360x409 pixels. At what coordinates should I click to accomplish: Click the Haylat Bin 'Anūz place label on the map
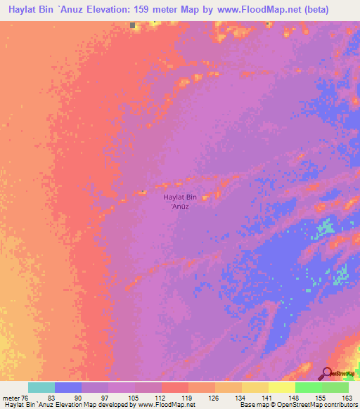coord(181,202)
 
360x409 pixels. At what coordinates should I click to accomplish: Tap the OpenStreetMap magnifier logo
coord(328,374)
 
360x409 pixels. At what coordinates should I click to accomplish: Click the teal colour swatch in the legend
coord(41,387)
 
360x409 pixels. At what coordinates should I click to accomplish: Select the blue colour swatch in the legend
coord(68,387)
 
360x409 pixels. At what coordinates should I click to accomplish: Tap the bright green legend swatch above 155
coord(309,387)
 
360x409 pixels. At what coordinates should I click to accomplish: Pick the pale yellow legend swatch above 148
coord(282,387)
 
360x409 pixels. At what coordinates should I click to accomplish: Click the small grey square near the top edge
coord(133,25)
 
